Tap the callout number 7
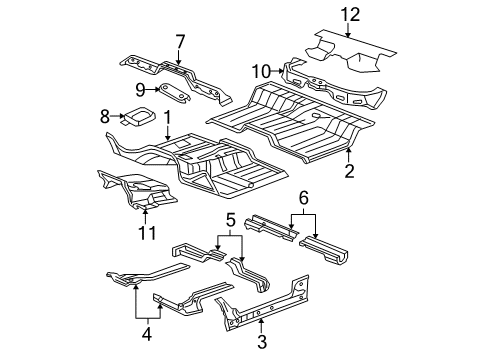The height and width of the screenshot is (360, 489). click(x=180, y=41)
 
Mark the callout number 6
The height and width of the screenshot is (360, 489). click(x=305, y=200)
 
